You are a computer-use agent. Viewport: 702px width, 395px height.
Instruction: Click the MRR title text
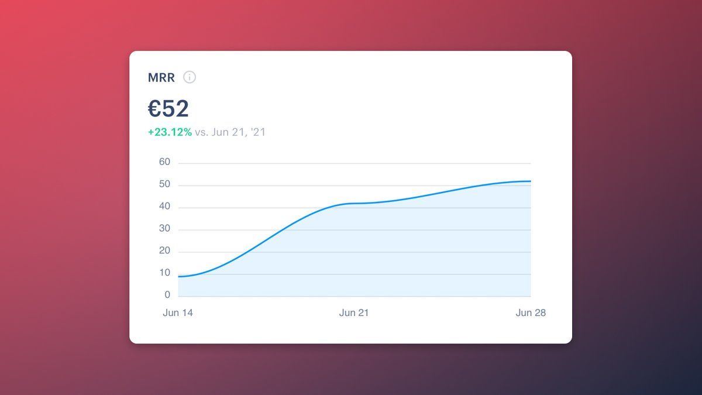point(161,77)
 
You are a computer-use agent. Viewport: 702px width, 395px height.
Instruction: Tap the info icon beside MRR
point(190,77)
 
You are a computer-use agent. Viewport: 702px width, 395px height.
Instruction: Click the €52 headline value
point(168,109)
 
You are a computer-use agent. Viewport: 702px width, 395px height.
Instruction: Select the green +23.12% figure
point(170,132)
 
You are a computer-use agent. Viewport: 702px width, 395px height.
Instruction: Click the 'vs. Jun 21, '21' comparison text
point(230,132)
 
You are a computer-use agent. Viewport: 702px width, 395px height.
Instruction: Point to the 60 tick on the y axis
point(164,162)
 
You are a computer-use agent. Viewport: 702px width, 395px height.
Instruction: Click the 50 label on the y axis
point(164,184)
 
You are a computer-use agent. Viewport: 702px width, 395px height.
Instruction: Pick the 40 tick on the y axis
point(164,207)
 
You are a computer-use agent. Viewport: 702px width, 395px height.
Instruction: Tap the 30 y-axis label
point(164,229)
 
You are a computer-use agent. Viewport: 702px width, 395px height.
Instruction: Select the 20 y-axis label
point(164,251)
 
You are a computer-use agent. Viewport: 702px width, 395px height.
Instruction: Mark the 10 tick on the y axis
point(164,273)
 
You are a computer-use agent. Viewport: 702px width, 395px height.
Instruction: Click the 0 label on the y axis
point(167,295)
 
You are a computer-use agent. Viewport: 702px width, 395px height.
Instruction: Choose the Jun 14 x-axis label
point(178,313)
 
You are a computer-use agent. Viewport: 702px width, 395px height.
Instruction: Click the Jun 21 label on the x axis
point(354,313)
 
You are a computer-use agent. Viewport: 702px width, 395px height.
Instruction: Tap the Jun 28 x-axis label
point(531,313)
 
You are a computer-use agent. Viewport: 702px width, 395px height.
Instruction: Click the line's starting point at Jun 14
point(178,276)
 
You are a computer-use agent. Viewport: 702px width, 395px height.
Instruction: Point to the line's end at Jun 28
point(531,181)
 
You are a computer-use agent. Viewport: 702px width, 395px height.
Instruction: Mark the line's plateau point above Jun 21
point(355,203)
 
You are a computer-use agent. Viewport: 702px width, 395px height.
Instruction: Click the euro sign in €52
point(154,109)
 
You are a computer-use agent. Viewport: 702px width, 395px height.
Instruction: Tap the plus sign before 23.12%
point(150,132)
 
